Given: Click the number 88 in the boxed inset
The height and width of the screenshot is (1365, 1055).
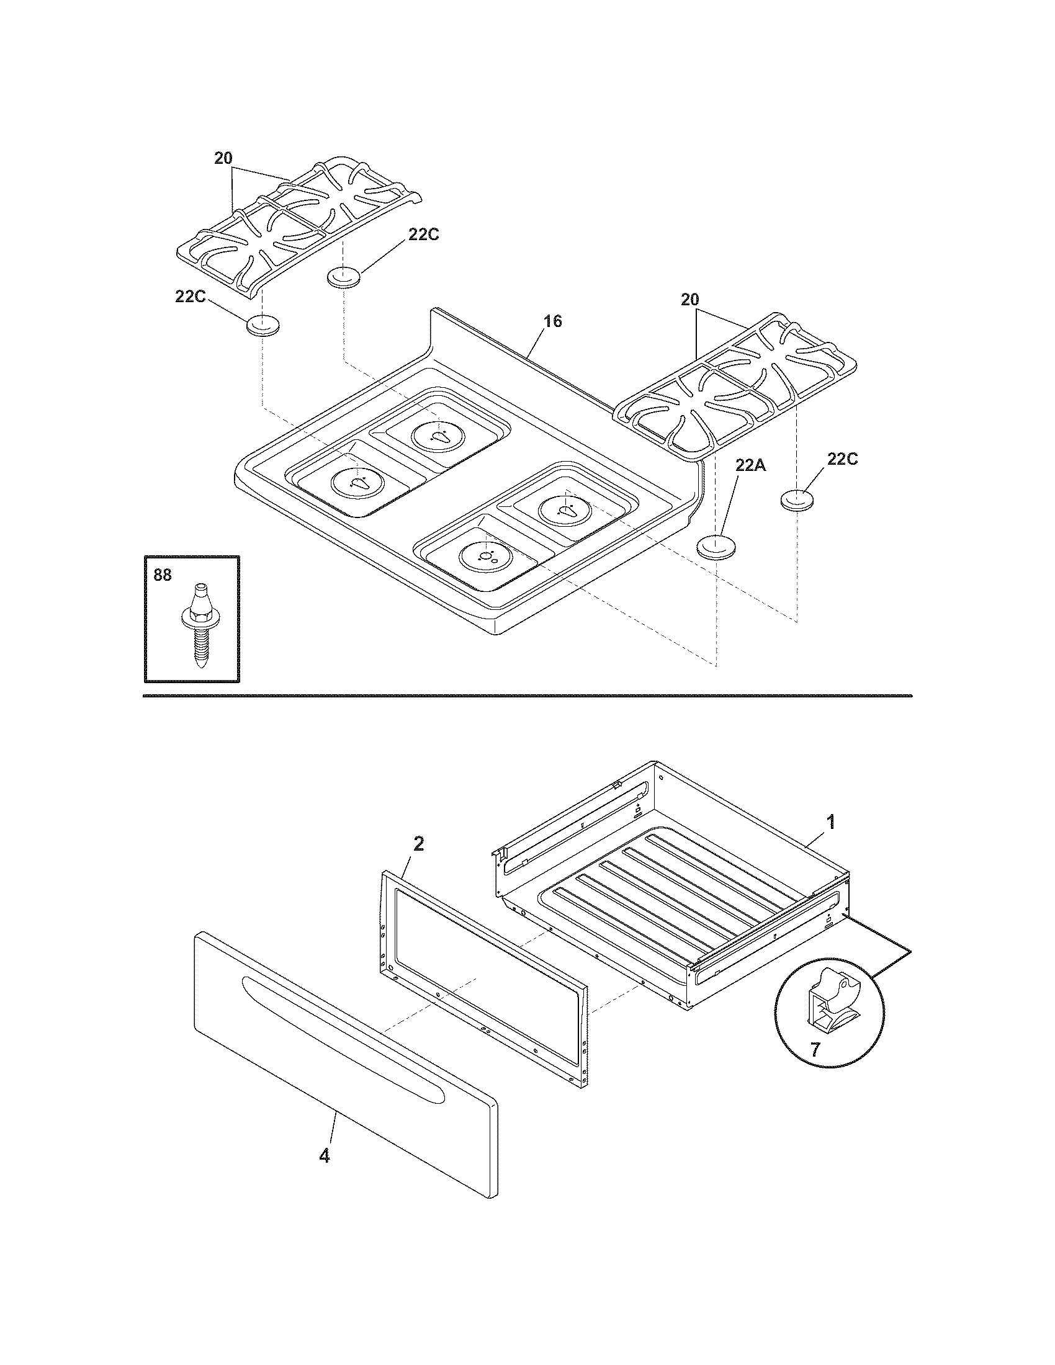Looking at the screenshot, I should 162,575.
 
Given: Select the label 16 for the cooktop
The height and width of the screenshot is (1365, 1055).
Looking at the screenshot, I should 552,321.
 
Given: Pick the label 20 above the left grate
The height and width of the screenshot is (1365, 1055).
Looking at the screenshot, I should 223,159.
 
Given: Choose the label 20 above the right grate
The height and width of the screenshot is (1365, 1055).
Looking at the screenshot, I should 689,300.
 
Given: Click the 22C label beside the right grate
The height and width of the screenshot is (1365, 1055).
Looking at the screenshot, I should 843,459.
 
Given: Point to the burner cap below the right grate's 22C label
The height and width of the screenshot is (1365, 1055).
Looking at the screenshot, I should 797,500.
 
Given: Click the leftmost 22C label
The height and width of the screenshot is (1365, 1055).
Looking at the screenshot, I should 191,297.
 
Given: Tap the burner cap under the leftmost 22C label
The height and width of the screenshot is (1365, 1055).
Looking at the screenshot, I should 263,326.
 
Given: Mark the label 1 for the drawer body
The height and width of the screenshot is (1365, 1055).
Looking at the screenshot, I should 830,823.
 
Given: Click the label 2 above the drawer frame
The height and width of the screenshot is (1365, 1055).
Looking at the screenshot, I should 419,844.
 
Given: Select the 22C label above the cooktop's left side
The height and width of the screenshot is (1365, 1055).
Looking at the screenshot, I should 424,235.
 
